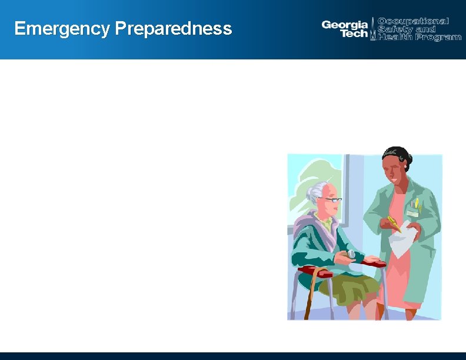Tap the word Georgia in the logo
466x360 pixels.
pos(344,25)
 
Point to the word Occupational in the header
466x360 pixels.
pos(413,21)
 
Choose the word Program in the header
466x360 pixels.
pos(436,37)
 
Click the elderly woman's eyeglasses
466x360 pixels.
pos(332,200)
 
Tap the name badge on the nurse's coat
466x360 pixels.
pos(412,214)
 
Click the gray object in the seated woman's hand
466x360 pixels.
pos(351,254)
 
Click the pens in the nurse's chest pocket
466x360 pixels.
pos(416,204)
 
